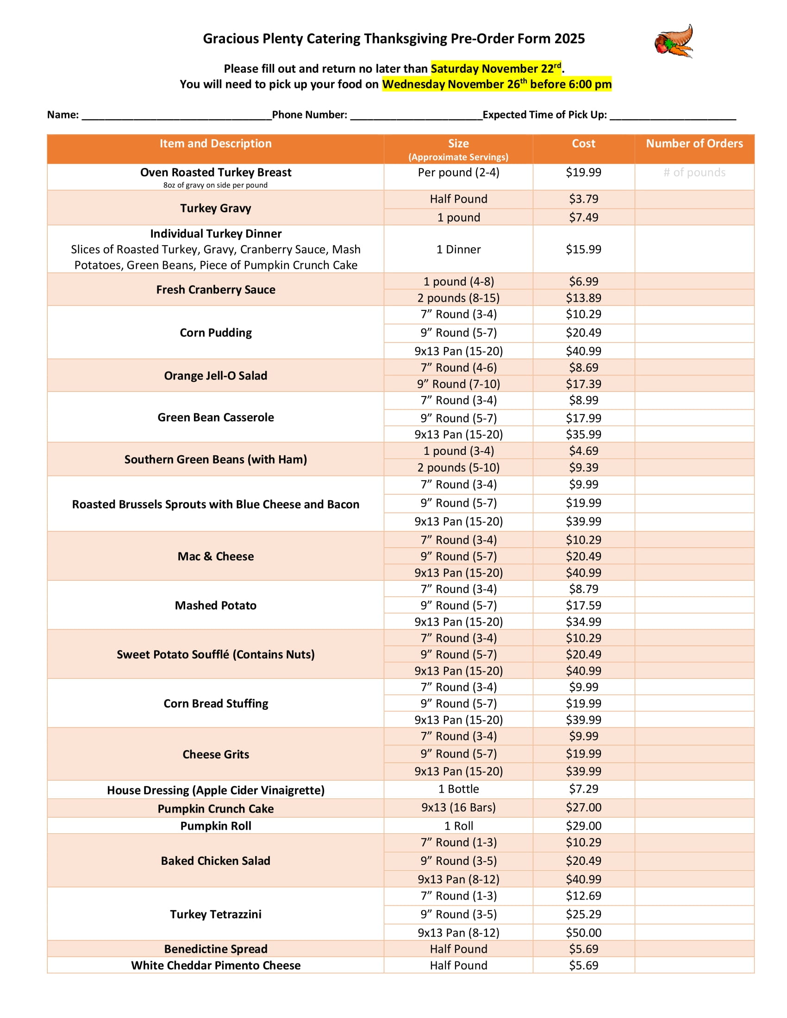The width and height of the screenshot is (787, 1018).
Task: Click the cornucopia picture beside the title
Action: coord(674,41)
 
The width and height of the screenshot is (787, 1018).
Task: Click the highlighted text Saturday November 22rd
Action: coord(496,68)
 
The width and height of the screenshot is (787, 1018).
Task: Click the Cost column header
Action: coord(583,143)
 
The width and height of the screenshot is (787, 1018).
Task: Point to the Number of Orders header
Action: coord(694,143)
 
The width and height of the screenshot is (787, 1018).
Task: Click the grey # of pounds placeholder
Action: coord(694,173)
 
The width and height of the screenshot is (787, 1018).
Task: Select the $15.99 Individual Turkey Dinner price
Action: coord(583,249)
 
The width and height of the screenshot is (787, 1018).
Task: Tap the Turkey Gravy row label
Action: coord(215,208)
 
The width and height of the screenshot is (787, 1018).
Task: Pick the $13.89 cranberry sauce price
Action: coord(583,298)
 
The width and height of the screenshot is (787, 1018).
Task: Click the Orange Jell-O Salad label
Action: coord(215,376)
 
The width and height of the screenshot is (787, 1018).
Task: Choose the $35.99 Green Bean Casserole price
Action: coord(583,435)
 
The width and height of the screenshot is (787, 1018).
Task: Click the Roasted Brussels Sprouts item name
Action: coord(215,504)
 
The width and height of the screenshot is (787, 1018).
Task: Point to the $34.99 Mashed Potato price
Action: coord(583,622)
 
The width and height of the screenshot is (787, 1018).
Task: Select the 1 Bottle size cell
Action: coord(458,789)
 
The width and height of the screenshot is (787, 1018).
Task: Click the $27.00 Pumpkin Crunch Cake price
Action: coord(583,807)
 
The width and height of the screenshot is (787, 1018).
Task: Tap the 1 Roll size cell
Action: coord(458,826)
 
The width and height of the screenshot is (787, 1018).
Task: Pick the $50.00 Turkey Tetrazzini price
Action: coord(583,933)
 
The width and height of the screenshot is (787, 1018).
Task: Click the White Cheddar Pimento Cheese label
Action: coord(215,965)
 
